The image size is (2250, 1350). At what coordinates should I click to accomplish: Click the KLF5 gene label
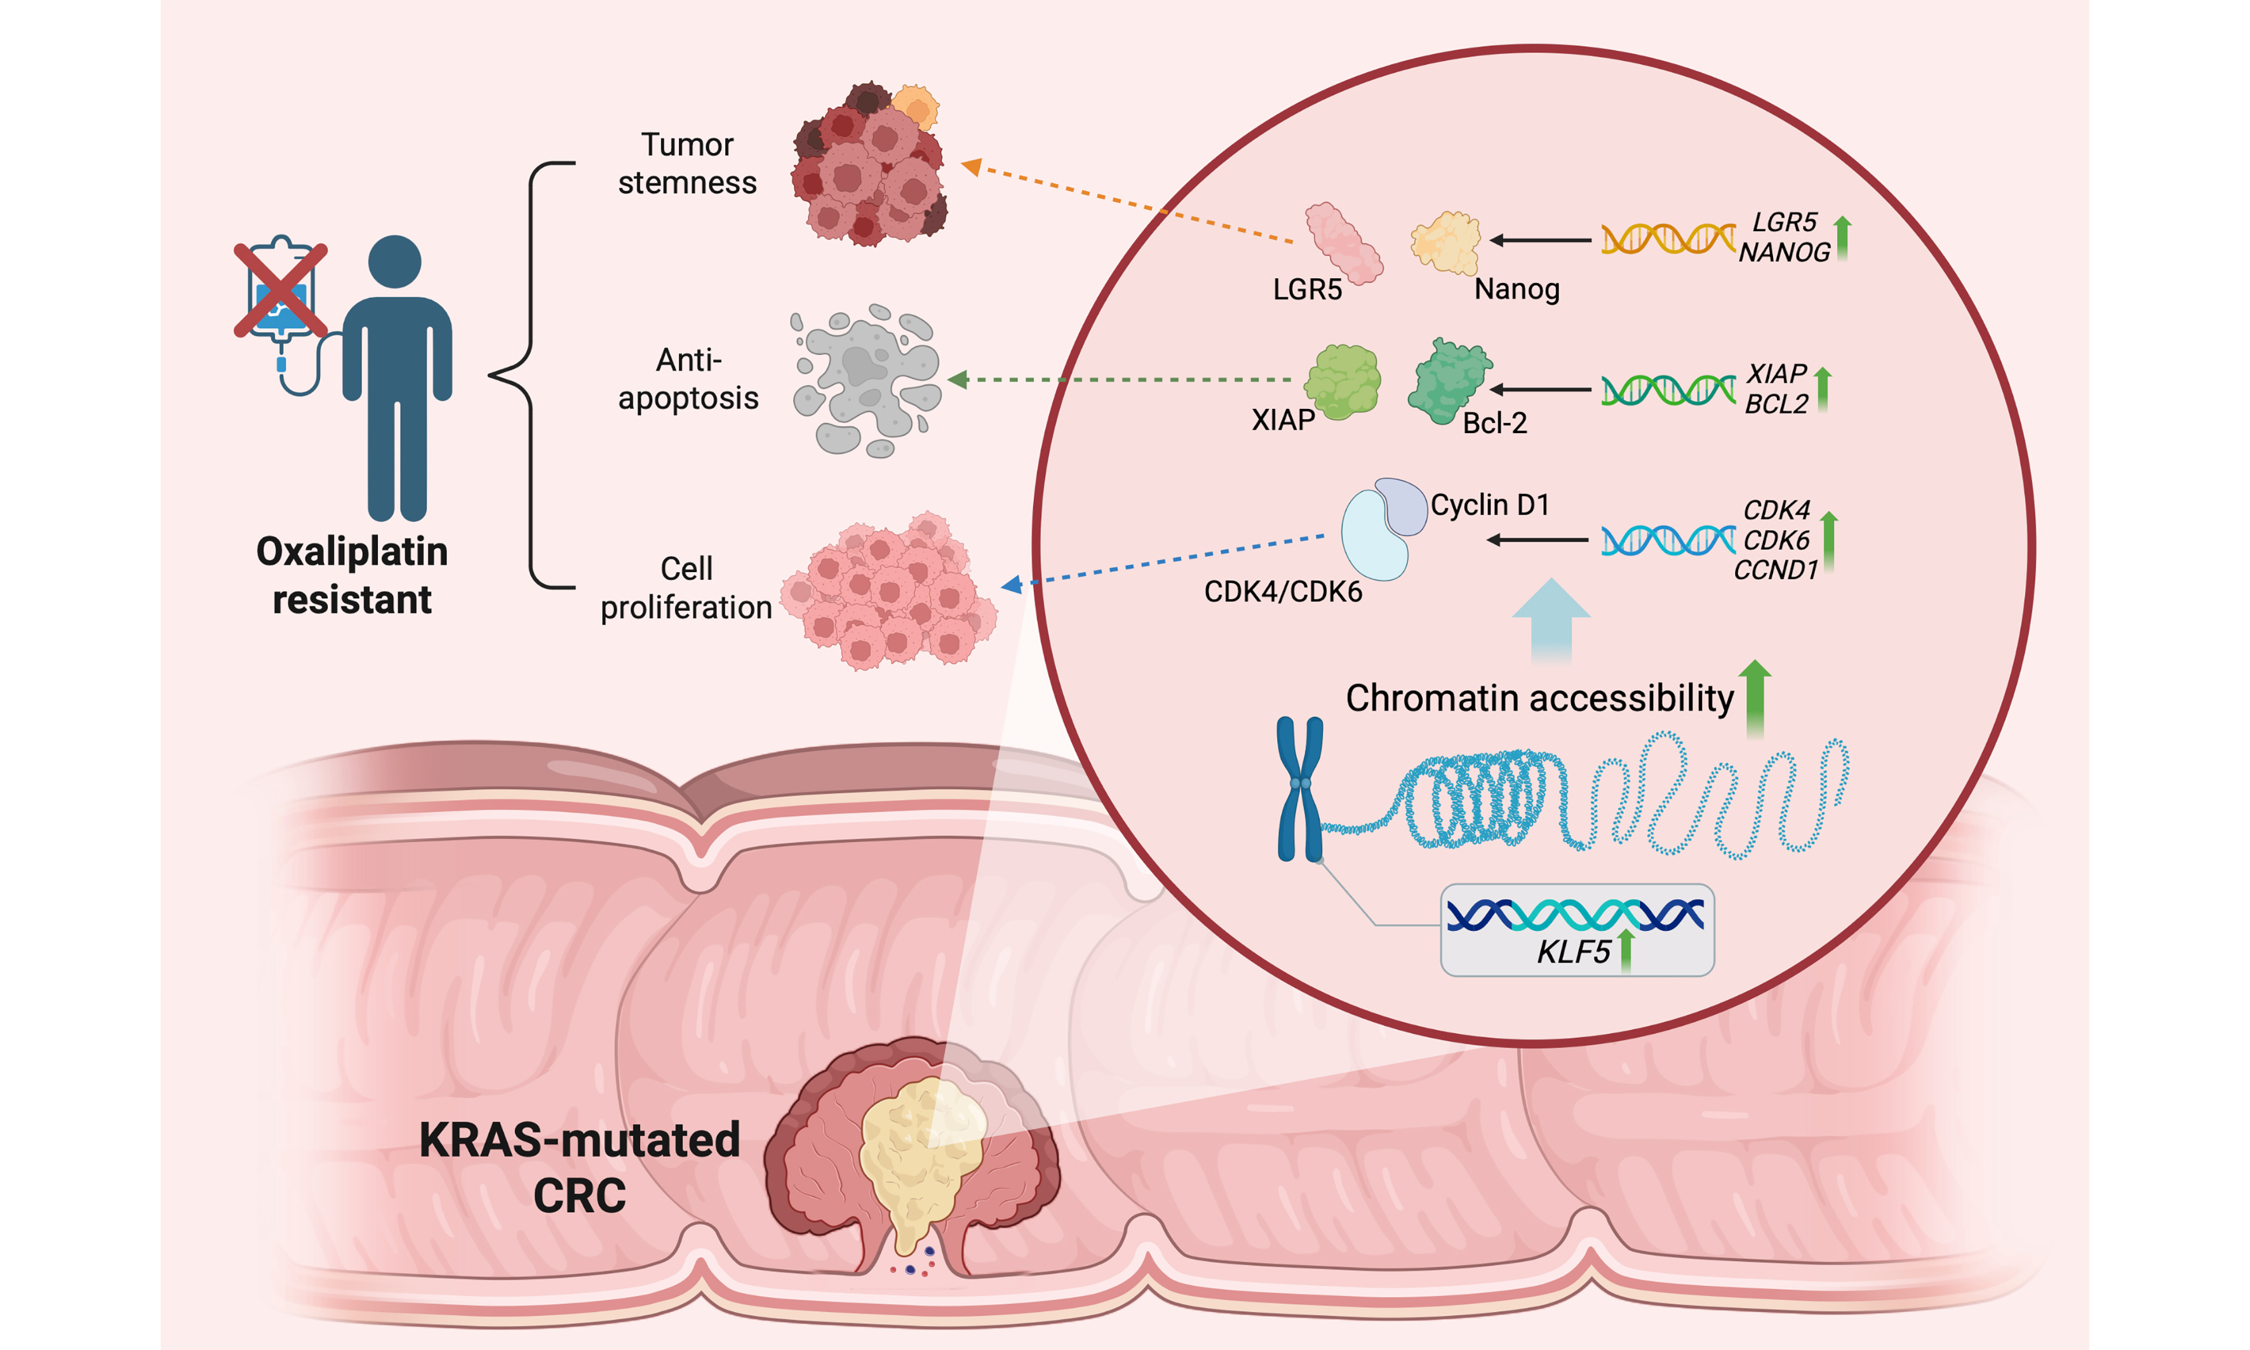tap(1573, 952)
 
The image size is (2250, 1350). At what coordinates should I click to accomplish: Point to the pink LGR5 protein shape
tap(1342, 242)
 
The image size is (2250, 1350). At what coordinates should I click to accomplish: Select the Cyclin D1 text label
tap(1489, 505)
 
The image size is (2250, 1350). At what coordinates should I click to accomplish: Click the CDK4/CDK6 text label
tap(1283, 592)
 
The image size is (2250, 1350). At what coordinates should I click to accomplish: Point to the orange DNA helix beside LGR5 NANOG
tap(1667, 239)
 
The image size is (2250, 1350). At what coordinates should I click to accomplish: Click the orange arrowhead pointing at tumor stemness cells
tap(971, 166)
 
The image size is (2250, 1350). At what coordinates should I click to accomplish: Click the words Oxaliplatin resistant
tap(352, 575)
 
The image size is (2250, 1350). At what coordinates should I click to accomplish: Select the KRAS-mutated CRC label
tap(580, 1166)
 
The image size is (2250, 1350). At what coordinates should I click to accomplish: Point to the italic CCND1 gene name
tap(1774, 570)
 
